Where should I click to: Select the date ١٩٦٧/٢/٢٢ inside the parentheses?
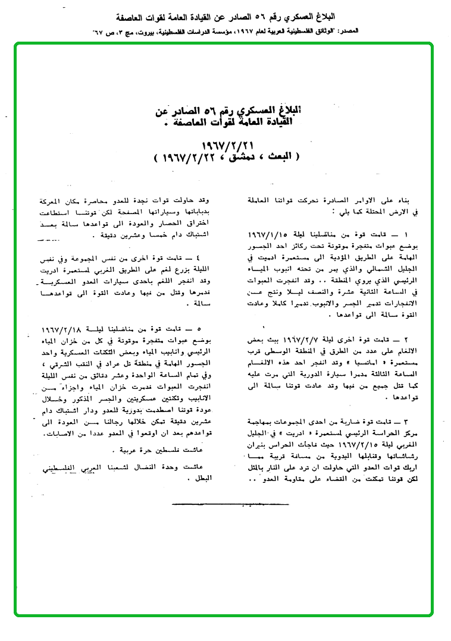point(185,158)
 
